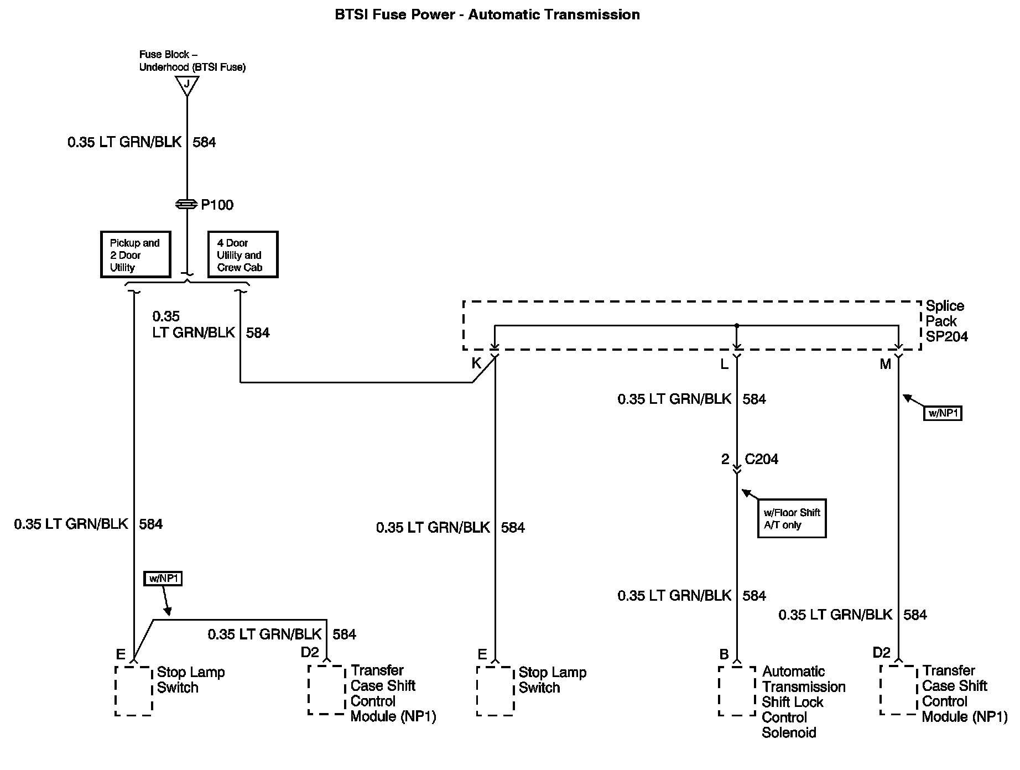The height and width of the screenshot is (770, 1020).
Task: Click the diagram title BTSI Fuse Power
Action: point(487,15)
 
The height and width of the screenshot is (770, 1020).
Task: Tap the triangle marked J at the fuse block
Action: point(187,85)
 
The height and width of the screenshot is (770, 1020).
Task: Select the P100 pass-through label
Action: point(217,205)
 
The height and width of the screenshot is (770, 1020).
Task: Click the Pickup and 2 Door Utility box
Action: point(136,254)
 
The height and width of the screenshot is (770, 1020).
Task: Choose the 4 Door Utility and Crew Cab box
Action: point(242,254)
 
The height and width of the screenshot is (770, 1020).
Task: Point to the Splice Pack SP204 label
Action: point(946,321)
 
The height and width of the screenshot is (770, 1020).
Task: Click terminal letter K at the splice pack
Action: point(476,363)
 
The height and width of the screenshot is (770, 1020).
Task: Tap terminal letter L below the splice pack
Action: point(724,364)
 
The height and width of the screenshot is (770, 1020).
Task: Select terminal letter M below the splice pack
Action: point(885,364)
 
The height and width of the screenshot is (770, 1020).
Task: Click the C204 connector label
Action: point(761,459)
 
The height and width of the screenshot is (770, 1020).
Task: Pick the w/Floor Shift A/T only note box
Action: point(792,519)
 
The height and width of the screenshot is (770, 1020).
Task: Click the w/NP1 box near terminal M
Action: point(943,413)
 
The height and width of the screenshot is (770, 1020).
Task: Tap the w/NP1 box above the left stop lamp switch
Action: point(163,579)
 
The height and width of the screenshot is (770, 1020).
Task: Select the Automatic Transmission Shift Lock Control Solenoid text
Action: point(803,702)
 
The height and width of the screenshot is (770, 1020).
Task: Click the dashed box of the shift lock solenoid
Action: point(737,690)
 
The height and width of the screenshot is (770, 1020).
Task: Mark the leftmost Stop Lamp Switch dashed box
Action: point(133,690)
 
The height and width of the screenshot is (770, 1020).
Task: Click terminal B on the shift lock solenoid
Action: point(724,654)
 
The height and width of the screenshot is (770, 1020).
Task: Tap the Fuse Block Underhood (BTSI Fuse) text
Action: point(192,61)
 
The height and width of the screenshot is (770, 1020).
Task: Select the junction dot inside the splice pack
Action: point(737,325)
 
